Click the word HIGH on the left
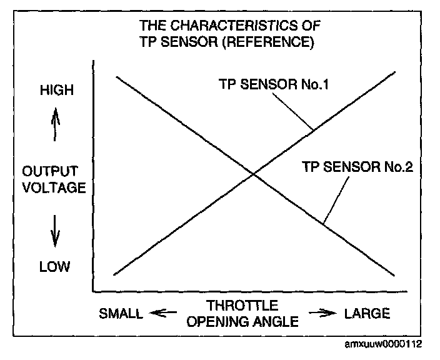click(x=56, y=90)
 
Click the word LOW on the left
click(x=55, y=267)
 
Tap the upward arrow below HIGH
click(x=56, y=123)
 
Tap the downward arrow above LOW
click(x=56, y=229)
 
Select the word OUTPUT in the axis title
click(x=54, y=171)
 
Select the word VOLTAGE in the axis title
click(x=54, y=187)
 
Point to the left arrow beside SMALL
click(x=166, y=312)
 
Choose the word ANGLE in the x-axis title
click(x=275, y=321)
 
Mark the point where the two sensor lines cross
click(x=253, y=174)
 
